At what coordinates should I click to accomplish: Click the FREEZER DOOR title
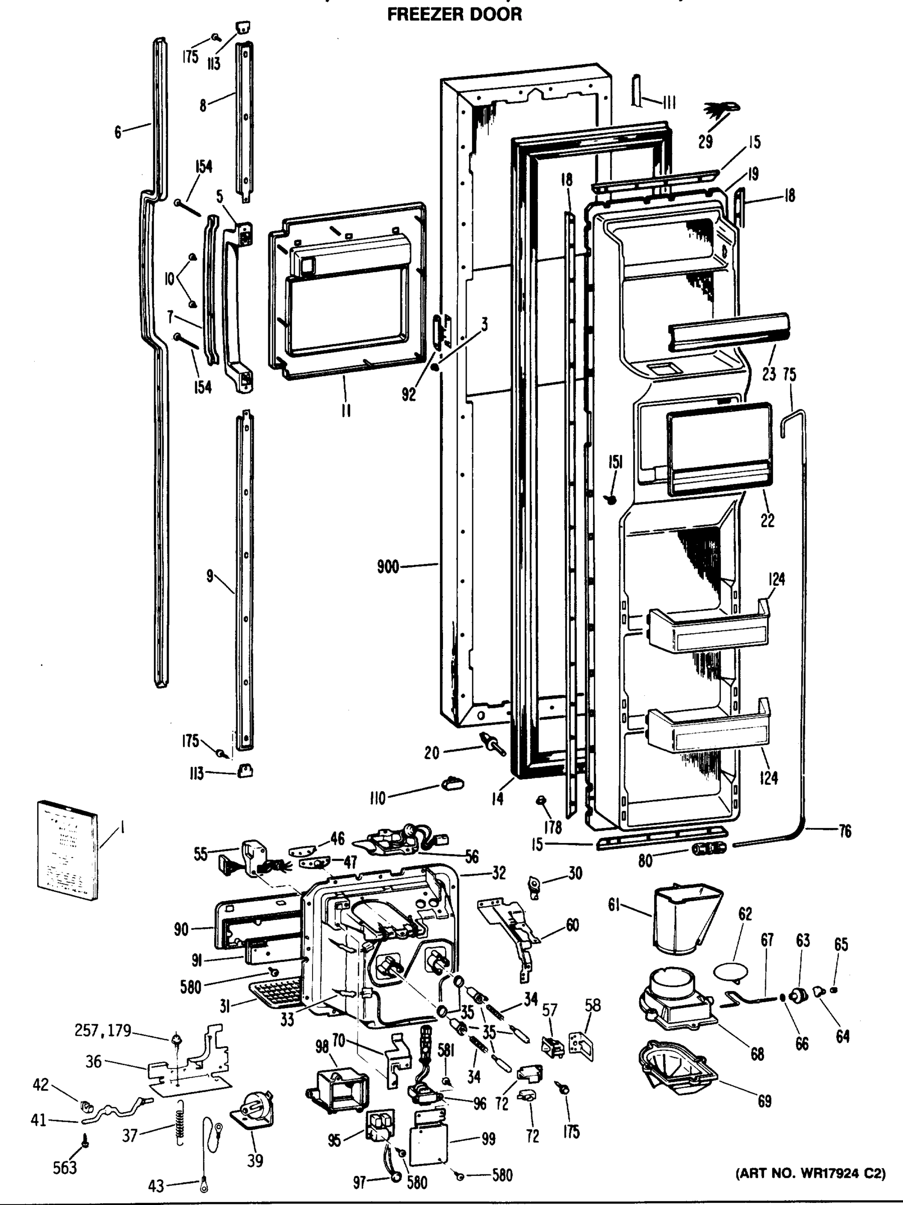click(x=454, y=14)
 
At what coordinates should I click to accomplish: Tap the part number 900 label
click(x=388, y=567)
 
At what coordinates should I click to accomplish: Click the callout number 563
click(x=65, y=1167)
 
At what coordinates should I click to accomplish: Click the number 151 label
click(x=616, y=462)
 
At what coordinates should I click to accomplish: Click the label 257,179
click(x=103, y=1030)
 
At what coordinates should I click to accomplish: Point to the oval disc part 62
click(x=730, y=972)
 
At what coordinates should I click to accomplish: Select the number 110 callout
click(x=377, y=798)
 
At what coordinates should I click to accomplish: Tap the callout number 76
click(x=845, y=831)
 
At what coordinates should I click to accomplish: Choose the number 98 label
click(x=322, y=1046)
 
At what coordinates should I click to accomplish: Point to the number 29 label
click(x=705, y=142)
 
